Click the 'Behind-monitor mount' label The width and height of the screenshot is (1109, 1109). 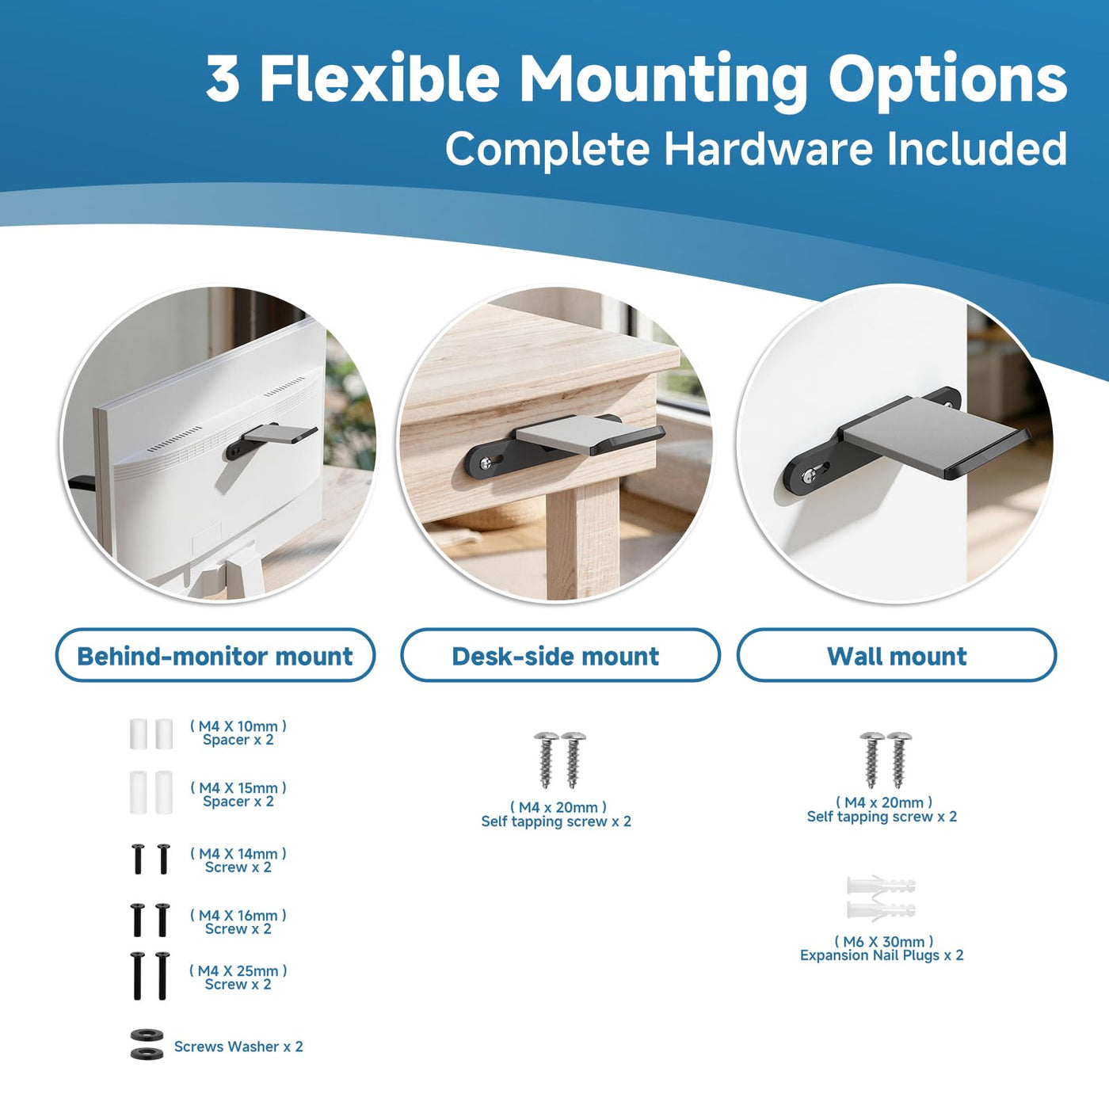215,656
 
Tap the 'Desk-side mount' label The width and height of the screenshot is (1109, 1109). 555,656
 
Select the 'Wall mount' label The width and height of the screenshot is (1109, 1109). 897,656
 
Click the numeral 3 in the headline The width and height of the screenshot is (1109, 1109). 223,79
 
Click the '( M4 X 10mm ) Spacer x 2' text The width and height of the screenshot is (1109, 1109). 238,733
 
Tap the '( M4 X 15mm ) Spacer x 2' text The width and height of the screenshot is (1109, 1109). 238,795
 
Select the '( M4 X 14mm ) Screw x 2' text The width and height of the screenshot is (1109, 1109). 238,859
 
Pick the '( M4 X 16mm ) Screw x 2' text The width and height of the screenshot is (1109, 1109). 238,921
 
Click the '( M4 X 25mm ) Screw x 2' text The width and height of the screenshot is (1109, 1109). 238,977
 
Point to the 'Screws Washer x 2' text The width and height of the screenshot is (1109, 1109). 238,1046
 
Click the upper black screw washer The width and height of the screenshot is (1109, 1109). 147,1035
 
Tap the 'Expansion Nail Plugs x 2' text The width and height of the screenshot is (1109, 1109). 882,955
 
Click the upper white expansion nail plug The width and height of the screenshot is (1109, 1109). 881,885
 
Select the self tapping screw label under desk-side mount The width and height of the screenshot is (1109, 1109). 556,814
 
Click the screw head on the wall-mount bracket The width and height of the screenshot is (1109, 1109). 810,475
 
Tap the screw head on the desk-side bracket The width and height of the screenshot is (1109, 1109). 487,462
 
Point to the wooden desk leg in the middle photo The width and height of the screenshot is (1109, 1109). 582,538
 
